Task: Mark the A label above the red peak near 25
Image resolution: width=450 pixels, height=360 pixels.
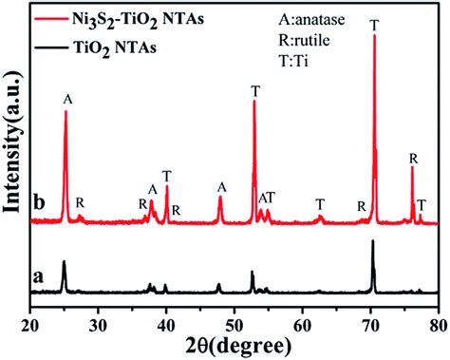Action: point(66,99)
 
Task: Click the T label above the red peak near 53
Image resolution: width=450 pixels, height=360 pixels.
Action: point(254,90)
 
